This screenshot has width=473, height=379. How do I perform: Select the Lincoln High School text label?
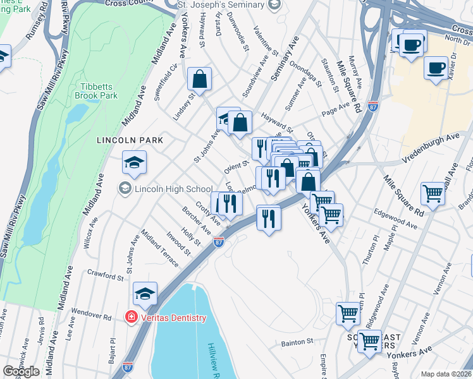click(x=173, y=189)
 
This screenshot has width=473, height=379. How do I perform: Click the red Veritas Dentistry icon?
click(x=132, y=317)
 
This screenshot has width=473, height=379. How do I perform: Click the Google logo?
click(x=21, y=371)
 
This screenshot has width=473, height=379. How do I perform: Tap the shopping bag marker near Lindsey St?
click(x=199, y=80)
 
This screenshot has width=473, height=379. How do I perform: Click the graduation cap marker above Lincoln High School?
click(x=134, y=163)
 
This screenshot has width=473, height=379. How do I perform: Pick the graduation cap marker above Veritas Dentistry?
click(x=145, y=294)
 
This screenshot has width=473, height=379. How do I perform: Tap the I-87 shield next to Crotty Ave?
click(x=219, y=242)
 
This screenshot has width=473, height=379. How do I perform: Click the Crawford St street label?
click(x=106, y=277)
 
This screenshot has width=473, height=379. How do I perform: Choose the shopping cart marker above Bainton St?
click(x=348, y=313)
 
